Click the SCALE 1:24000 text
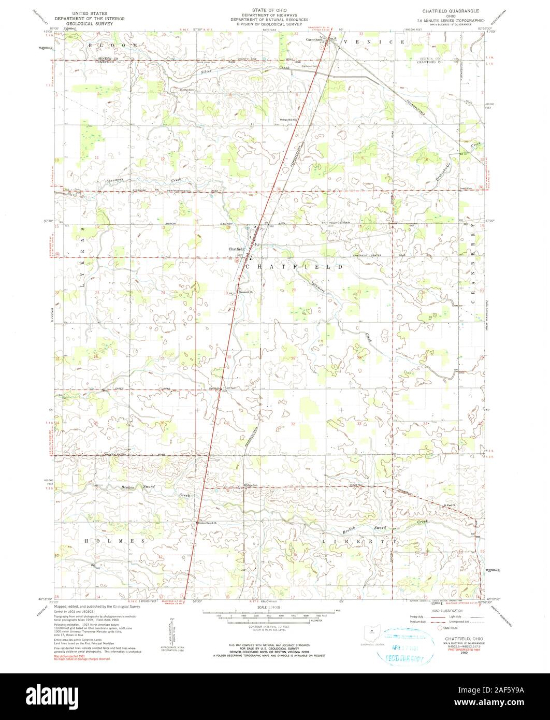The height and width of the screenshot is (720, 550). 274,606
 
